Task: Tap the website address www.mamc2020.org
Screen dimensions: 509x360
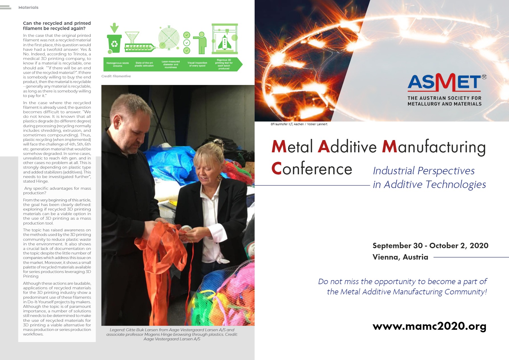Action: pyautogui.click(x=429, y=326)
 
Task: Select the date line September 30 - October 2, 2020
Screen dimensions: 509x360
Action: pyautogui.click(x=430, y=246)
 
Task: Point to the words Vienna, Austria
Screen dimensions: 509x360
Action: pyautogui.click(x=400, y=257)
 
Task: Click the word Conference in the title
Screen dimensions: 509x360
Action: pyautogui.click(x=312, y=169)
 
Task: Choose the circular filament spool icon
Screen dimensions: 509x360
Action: pyautogui.click(x=169, y=38)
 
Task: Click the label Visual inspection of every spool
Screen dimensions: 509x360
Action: pyautogui.click(x=197, y=64)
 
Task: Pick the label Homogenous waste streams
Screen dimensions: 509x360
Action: pyautogui.click(x=117, y=64)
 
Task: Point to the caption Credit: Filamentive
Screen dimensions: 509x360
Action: pyautogui.click(x=116, y=76)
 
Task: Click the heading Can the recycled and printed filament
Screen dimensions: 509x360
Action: pyautogui.click(x=57, y=26)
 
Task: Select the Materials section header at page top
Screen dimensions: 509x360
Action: pyautogui.click(x=28, y=7)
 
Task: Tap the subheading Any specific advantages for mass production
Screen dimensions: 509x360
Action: pyautogui.click(x=57, y=191)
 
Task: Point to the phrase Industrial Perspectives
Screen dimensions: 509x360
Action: pyautogui.click(x=424, y=171)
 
